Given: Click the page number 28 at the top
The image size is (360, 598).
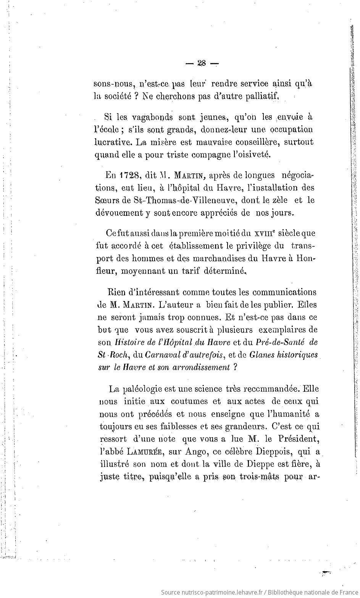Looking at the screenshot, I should (202, 64).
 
